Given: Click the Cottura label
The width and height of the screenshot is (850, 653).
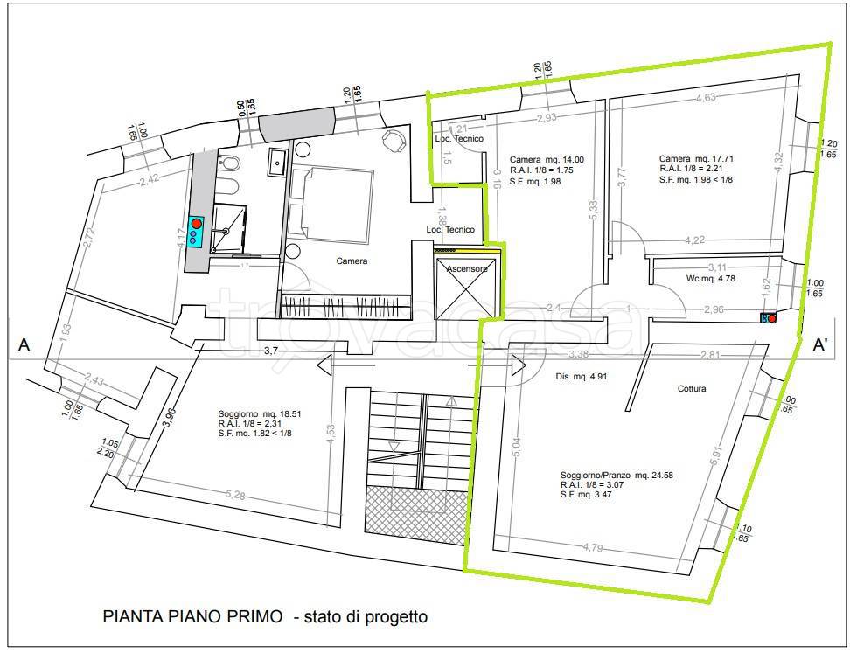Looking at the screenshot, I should (691, 388).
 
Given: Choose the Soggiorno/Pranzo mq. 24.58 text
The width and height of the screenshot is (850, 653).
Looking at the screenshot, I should (617, 476).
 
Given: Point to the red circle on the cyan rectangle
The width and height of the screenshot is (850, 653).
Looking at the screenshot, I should (197, 224).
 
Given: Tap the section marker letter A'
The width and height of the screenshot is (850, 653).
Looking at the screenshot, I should (821, 344).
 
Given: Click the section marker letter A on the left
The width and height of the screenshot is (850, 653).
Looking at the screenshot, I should (24, 345).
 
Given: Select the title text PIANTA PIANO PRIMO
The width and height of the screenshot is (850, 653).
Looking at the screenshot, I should (192, 616).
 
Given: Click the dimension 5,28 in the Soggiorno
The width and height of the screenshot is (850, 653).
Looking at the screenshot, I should (235, 496).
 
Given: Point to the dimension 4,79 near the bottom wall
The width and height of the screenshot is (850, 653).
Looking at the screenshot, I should (596, 548).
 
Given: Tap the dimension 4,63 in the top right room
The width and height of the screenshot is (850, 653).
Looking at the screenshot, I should (706, 98).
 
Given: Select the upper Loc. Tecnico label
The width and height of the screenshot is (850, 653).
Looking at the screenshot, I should (454, 140).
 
